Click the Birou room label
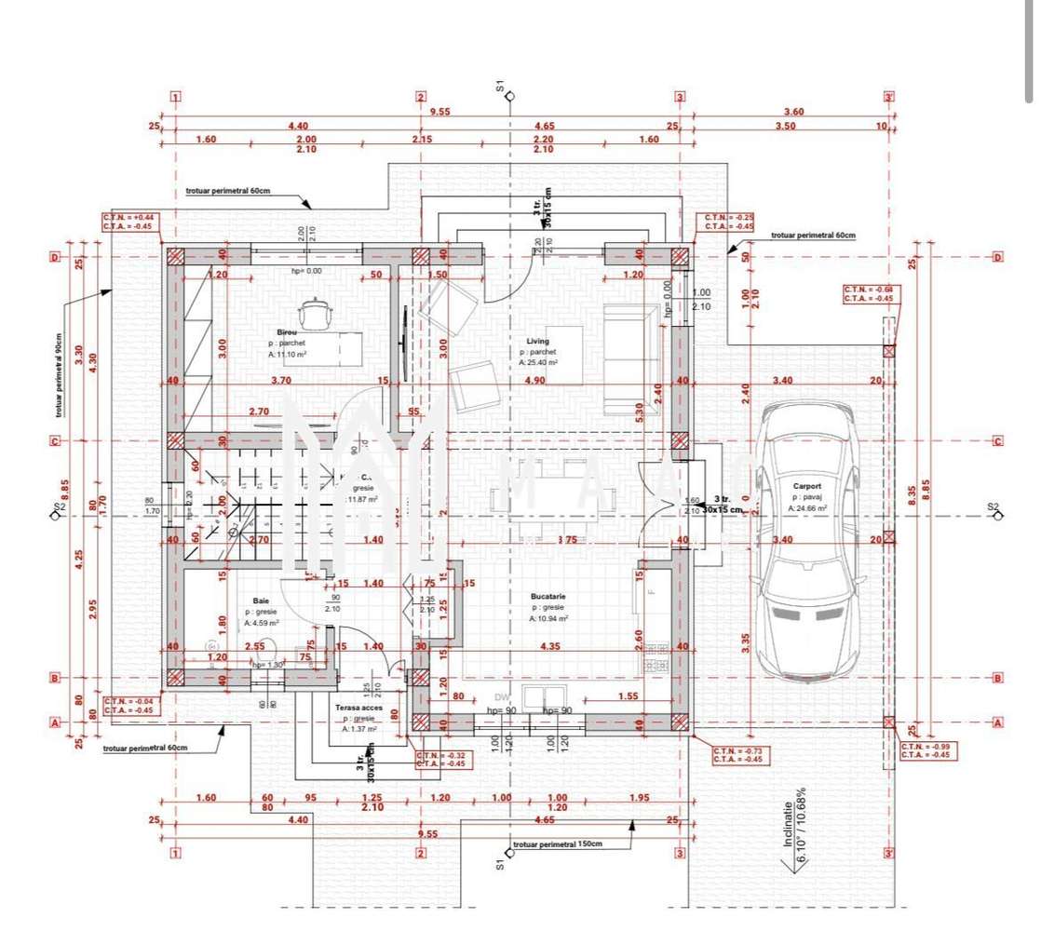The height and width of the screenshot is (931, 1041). point(286,332)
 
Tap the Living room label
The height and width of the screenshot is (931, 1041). point(538,342)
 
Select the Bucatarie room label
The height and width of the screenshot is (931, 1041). point(548,596)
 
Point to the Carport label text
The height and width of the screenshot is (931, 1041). point(806,486)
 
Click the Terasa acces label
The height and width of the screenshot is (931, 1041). point(358,708)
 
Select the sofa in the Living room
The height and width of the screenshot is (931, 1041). point(629,358)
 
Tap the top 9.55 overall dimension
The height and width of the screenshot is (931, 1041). point(439,111)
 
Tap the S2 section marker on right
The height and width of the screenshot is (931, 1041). point(993,507)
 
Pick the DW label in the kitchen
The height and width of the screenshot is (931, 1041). point(502,695)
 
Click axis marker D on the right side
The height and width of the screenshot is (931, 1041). point(999,257)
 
